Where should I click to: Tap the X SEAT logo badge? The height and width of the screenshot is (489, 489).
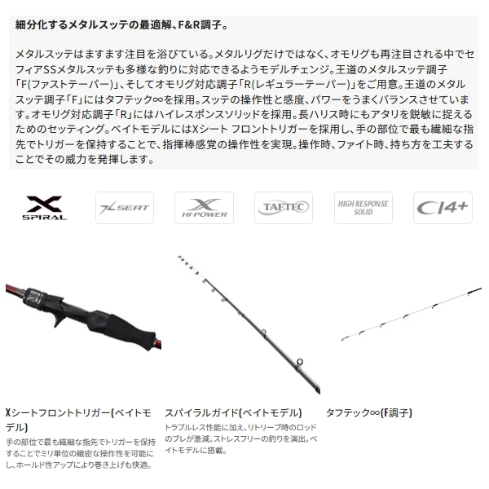coord(123,208)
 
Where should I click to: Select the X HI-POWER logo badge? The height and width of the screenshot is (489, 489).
coord(203,208)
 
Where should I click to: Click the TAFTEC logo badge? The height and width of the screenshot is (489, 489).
coord(283,208)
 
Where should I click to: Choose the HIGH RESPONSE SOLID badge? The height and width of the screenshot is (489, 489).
coord(363,208)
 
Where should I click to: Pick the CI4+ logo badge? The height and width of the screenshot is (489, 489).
coord(442,208)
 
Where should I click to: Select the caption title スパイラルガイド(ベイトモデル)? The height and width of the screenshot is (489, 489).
coord(232,412)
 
